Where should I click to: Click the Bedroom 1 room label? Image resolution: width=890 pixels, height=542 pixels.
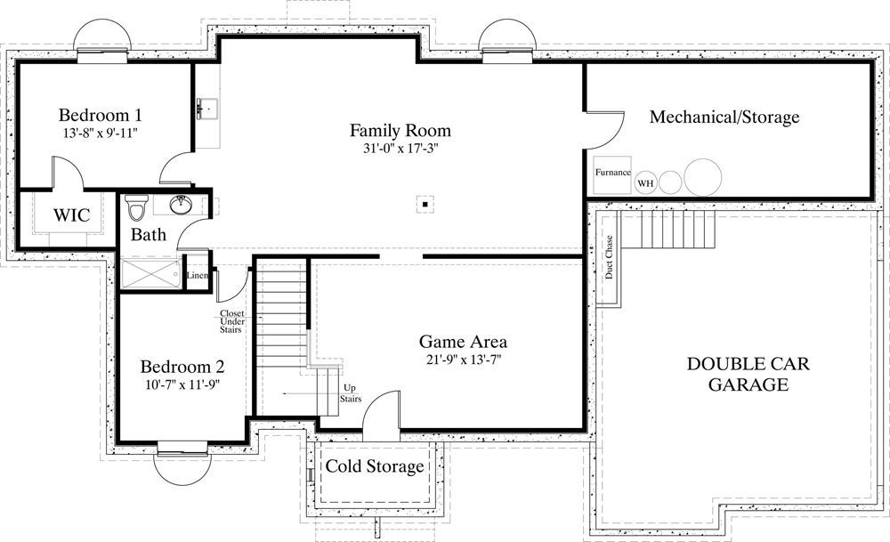[x=101, y=115]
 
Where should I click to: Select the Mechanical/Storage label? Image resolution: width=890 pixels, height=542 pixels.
[x=724, y=117]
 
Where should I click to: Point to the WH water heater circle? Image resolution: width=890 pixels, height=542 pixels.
[x=645, y=184]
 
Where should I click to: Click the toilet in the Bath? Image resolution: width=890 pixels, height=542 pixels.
[x=136, y=207]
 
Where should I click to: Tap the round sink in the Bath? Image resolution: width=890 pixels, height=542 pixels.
[x=182, y=206]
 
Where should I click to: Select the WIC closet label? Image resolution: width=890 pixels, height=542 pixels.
[x=69, y=215]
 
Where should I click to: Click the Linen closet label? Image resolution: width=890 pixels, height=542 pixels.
[x=198, y=275]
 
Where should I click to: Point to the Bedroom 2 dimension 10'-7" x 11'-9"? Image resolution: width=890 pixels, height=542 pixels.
[x=181, y=384]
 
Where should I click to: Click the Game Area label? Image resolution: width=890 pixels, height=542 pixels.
[x=463, y=342]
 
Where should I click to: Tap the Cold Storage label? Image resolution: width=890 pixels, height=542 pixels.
[x=374, y=466]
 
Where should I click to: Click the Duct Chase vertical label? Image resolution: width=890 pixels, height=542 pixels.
[x=610, y=257]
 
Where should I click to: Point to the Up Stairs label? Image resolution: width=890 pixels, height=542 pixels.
[x=351, y=393]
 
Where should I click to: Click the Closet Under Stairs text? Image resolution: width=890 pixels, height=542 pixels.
[x=231, y=321]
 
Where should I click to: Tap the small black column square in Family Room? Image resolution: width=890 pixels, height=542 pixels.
[x=426, y=205]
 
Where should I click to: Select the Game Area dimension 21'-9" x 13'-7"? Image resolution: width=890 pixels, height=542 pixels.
[x=463, y=360]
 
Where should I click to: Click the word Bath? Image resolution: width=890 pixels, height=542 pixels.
[x=148, y=236]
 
